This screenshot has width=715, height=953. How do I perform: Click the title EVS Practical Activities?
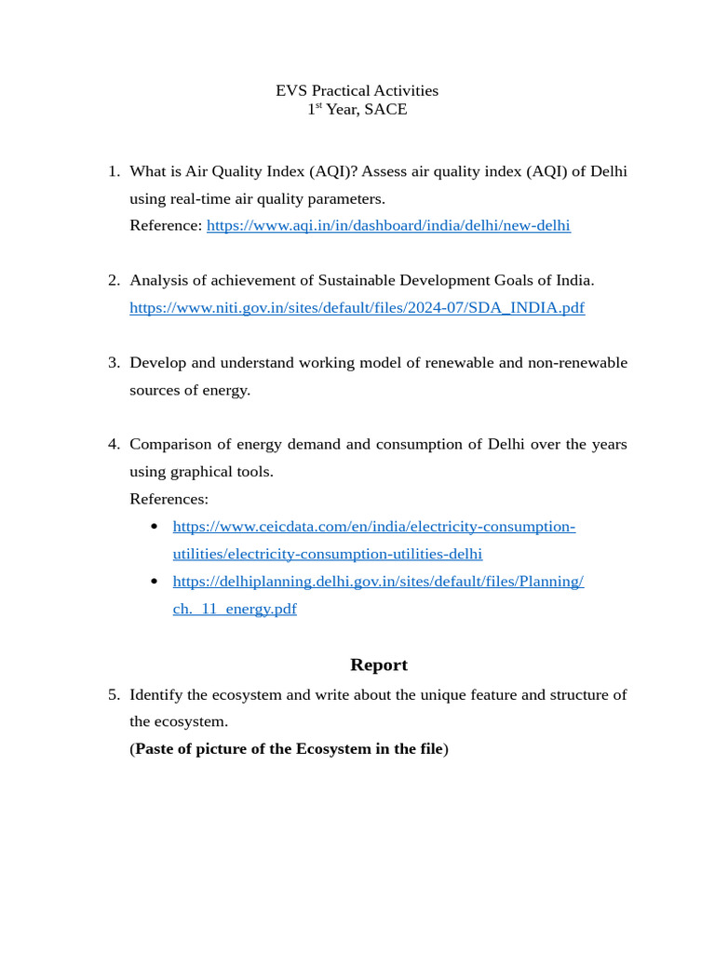pyautogui.click(x=357, y=90)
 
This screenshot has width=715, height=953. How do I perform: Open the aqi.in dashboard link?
pyautogui.click(x=388, y=225)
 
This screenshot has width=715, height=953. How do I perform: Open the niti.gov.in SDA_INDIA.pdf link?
pyautogui.click(x=357, y=307)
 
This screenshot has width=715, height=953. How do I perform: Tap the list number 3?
pyautogui.click(x=113, y=362)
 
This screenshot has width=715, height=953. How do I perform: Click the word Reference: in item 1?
pyautogui.click(x=166, y=225)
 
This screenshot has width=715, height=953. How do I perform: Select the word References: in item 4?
pyautogui.click(x=169, y=499)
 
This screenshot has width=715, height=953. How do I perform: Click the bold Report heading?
pyautogui.click(x=378, y=664)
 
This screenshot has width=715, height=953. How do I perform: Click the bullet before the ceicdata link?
pyautogui.click(x=155, y=528)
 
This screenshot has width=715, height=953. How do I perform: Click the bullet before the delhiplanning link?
pyautogui.click(x=155, y=582)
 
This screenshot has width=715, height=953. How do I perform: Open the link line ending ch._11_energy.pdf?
pyautogui.click(x=235, y=610)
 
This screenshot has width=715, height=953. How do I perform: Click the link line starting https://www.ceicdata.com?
pyautogui.click(x=373, y=527)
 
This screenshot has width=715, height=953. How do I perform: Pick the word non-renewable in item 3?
pyautogui.click(x=579, y=362)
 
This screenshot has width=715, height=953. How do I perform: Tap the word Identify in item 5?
pyautogui.click(x=156, y=694)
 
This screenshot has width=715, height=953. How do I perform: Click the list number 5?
pyautogui.click(x=113, y=694)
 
